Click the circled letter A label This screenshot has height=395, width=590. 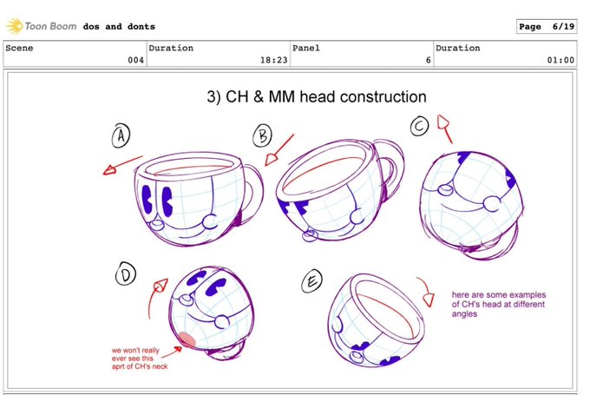(x=121, y=135)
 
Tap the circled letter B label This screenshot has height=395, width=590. (x=262, y=135)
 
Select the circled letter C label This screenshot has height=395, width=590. (x=420, y=126)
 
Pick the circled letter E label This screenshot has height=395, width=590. (x=312, y=281)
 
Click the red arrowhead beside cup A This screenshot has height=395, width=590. (x=109, y=170)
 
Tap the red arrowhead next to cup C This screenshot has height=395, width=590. (x=442, y=122)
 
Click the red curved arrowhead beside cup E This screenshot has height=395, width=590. (x=429, y=300)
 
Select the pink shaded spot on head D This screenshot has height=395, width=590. (x=187, y=339)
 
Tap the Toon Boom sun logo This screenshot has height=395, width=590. (x=14, y=26)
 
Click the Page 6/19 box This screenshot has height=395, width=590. (x=547, y=26)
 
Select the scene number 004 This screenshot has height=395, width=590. (x=135, y=60)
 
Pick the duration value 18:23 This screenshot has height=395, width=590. (x=273, y=60)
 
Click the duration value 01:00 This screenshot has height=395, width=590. (x=560, y=60)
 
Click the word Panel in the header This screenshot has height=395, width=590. (x=306, y=48)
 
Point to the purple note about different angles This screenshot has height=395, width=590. (x=499, y=304)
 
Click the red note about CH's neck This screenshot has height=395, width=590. (x=140, y=358)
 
